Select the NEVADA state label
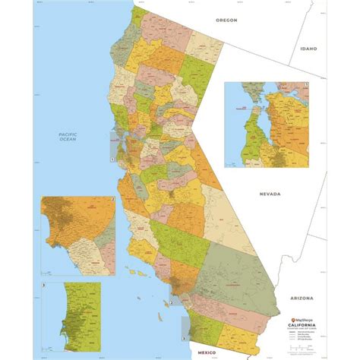(270, 194)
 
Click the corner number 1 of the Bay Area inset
(307, 86)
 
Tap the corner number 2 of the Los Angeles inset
(113, 200)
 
